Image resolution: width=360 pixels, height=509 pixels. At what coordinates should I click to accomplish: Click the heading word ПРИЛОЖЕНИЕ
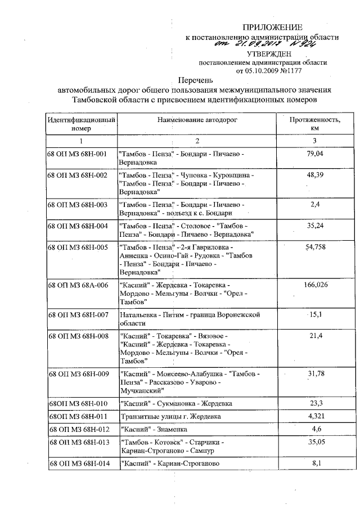coord(272,27)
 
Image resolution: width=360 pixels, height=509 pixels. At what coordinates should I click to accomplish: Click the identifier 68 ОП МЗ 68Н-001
coord(78,154)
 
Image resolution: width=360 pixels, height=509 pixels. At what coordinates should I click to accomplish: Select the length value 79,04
coord(315,154)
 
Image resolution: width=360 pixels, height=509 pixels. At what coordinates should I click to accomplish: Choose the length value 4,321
coord(315,417)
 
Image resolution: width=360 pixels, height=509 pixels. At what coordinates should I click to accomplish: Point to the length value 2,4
coord(315,205)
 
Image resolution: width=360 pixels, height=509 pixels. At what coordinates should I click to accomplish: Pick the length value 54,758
coord(315,247)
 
